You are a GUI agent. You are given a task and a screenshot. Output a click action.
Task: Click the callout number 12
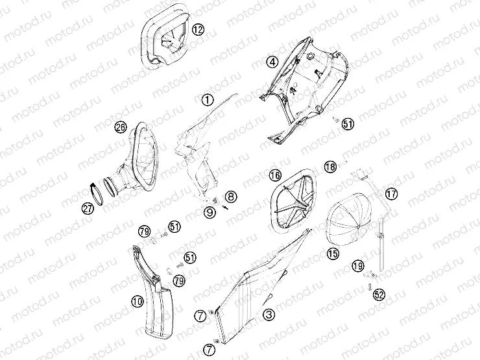(x=198, y=29)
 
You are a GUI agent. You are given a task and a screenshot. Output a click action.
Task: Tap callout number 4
(x=272, y=62)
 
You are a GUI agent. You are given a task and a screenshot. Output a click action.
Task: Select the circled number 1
(x=207, y=101)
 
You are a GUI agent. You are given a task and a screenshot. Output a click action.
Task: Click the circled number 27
(x=88, y=208)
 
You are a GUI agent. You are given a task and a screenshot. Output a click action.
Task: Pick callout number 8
(x=232, y=196)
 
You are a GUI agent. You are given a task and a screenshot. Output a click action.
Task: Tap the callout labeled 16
(x=275, y=175)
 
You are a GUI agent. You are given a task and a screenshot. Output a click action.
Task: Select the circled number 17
(x=391, y=193)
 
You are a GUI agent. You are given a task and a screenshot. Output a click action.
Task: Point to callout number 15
(x=333, y=254)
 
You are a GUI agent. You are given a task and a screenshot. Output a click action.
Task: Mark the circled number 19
(x=357, y=266)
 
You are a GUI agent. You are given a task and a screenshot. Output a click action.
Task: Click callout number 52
(x=379, y=295)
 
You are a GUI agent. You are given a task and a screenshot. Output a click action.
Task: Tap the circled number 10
(x=137, y=301)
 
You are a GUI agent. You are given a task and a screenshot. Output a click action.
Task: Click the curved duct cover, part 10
(x=156, y=298)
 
